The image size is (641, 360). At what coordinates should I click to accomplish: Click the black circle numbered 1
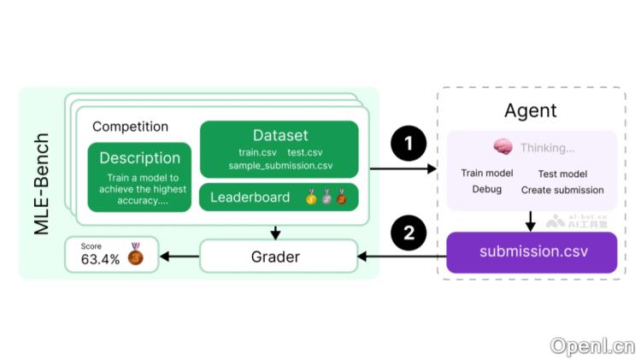click(409, 144)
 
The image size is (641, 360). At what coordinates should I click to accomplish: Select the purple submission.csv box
click(531, 252)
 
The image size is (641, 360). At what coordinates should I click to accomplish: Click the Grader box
click(278, 256)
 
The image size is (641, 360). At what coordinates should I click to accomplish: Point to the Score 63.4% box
click(112, 255)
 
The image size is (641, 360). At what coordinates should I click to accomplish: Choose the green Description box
click(139, 177)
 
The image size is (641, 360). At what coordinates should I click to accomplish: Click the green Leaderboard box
click(279, 198)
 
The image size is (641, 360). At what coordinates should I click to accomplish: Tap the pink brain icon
click(503, 147)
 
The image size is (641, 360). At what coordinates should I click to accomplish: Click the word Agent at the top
click(530, 110)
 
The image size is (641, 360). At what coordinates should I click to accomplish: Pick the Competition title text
click(130, 127)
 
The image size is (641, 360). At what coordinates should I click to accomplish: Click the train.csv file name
click(257, 152)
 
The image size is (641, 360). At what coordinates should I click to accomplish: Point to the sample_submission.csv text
click(280, 165)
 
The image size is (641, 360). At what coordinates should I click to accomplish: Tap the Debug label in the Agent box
click(486, 189)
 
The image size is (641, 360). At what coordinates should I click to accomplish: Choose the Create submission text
click(562, 190)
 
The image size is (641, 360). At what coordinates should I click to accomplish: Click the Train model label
click(485, 174)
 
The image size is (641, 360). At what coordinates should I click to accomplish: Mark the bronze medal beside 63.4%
click(135, 254)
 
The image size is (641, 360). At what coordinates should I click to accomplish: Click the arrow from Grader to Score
click(179, 256)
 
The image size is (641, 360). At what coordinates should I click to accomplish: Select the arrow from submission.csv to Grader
click(402, 256)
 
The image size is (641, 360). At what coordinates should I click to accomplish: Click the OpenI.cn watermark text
click(592, 345)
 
